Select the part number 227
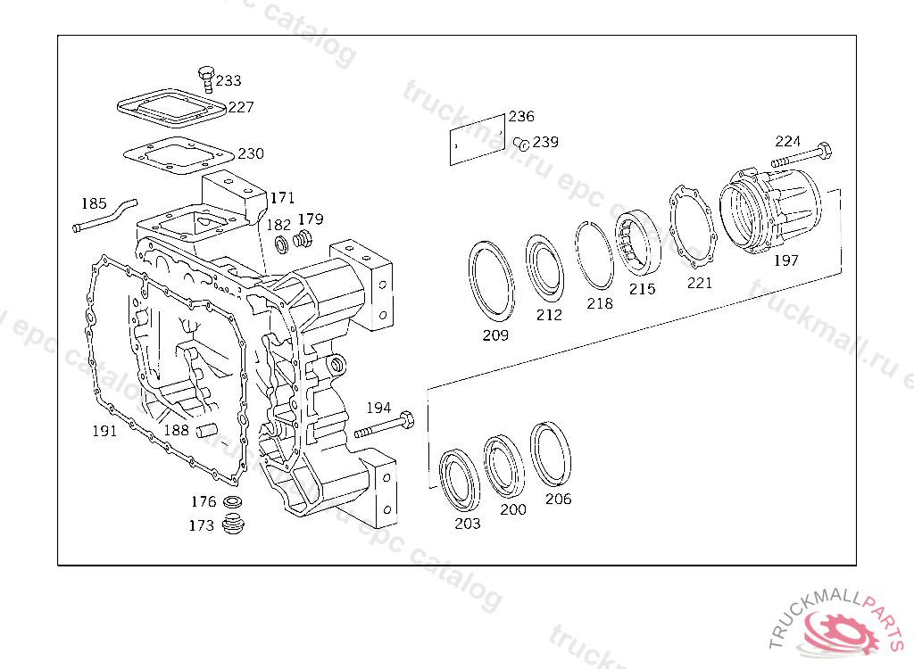(x=241, y=107)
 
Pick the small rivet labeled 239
(x=524, y=143)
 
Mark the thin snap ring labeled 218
(x=594, y=254)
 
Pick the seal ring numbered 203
(x=461, y=480)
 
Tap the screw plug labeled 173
(x=234, y=524)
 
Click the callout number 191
(x=105, y=431)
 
